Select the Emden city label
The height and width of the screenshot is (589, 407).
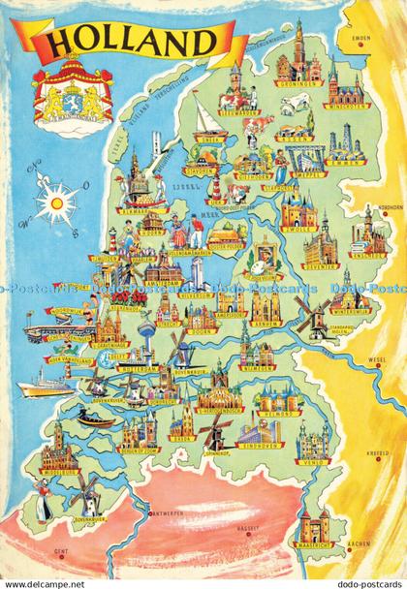pos(362,39)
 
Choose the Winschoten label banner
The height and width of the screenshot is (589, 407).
pos(346,107)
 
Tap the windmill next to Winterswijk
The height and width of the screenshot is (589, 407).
pos(314,318)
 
